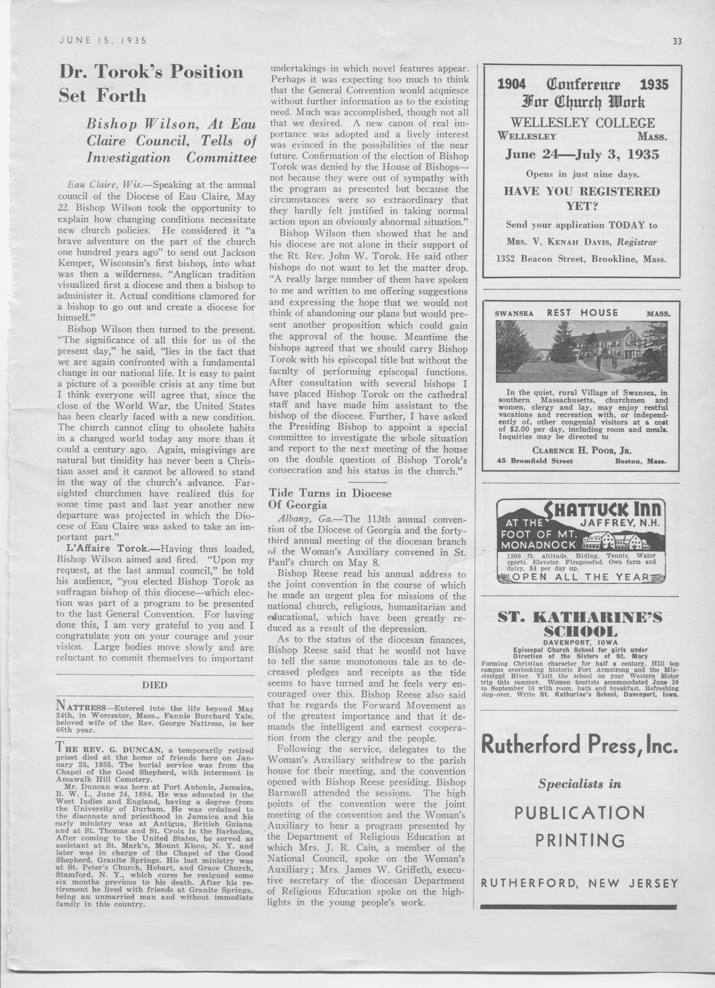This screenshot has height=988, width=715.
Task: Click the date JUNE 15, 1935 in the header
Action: pos(103,41)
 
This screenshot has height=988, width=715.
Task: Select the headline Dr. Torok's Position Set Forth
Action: pos(151,83)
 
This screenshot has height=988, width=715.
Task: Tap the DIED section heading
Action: pos(155,685)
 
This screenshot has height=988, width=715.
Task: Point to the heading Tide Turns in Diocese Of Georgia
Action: pos(330,499)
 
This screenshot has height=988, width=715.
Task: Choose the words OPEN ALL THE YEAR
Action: pos(581,577)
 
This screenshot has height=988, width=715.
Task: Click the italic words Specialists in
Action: pos(579,784)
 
